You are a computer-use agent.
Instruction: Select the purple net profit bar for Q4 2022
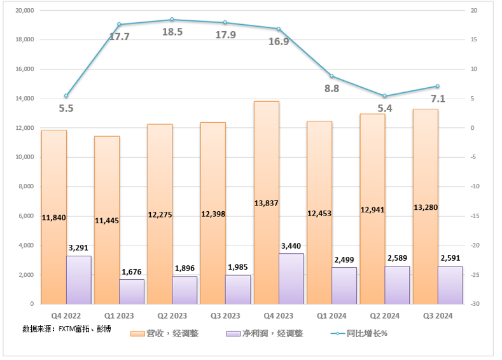(79, 280)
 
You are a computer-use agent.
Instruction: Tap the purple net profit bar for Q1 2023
(132, 291)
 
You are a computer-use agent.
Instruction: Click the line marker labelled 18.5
(172, 20)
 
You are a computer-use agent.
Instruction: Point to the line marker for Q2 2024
(384, 96)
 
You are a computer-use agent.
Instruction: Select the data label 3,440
(291, 245)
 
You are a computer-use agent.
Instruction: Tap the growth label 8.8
(331, 88)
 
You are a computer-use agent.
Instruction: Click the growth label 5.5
(66, 108)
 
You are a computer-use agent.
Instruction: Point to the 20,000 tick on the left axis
(24, 11)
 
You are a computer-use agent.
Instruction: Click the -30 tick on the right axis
(474, 304)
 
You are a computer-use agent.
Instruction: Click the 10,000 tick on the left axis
(24, 157)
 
